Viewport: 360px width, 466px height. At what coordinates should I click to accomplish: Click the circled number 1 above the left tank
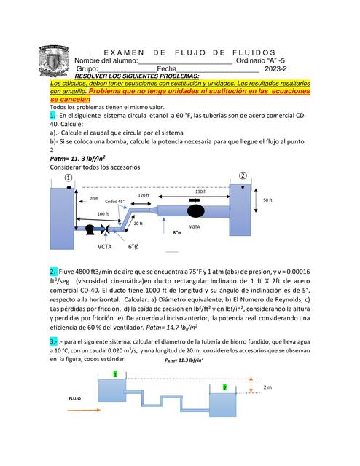coord(69,177)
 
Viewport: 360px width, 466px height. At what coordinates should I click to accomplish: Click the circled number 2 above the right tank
coord(242,175)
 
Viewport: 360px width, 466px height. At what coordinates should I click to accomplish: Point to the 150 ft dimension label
coord(200,191)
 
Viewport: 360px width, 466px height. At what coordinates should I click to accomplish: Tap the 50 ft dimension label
coord(267,200)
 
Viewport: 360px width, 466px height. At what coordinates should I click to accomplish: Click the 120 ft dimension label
coord(143,195)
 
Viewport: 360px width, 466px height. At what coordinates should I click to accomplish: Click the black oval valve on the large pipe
coord(196,211)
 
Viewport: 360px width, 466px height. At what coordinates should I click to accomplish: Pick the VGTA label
coord(195,226)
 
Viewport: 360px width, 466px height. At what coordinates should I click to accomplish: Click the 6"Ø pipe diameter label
coord(133,247)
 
